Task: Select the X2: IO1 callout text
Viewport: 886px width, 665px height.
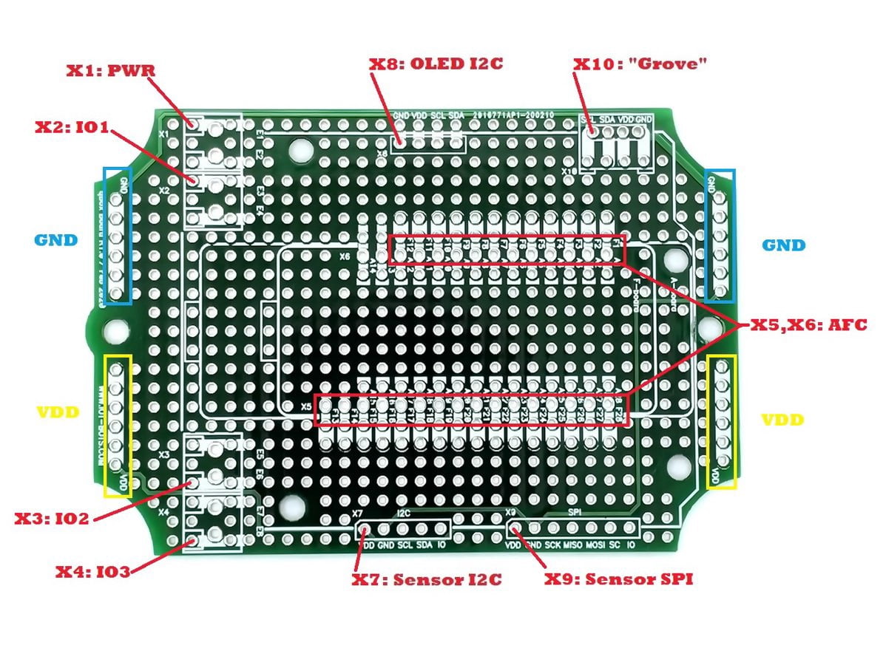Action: tap(72, 126)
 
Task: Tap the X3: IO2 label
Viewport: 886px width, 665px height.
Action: tap(52, 518)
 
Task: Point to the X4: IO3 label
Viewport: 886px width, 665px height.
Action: tap(93, 571)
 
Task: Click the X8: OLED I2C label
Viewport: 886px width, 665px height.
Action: tap(436, 64)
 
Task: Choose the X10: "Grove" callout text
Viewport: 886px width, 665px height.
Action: tap(640, 64)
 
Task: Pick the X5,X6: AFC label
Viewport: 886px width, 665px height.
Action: tap(808, 324)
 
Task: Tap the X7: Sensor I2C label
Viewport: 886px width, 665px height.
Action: tap(427, 579)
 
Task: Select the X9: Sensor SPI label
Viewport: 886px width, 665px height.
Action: tap(618, 579)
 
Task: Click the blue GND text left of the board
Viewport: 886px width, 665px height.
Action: tap(55, 240)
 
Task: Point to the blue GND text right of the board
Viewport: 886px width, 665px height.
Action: tap(784, 245)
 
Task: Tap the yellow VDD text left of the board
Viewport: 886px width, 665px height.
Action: tap(56, 412)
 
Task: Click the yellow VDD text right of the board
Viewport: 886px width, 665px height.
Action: tap(783, 419)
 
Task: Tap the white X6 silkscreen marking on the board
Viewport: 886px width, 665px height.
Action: tap(344, 257)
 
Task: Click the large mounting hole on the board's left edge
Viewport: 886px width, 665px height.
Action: tap(115, 329)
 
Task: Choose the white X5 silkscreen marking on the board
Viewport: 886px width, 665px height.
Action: tap(307, 407)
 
